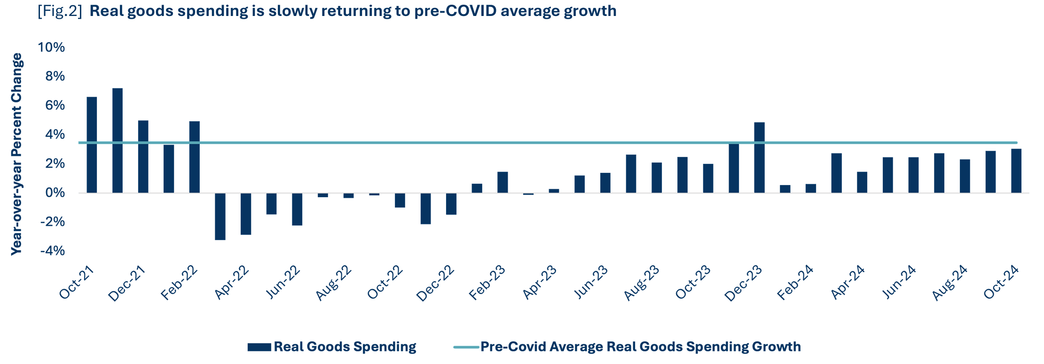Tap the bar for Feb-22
tap(194, 157)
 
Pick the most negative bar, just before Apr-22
tap(220, 217)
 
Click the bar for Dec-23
tap(759, 157)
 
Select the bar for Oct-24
tap(1016, 170)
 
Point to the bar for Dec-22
tap(451, 204)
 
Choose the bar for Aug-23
tap(657, 178)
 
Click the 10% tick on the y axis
tap(52, 47)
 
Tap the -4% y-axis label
tap(52, 251)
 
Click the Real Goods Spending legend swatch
tap(259, 347)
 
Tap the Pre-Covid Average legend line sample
tap(466, 347)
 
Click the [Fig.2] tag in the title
tap(60, 11)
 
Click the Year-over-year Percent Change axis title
tap(17, 154)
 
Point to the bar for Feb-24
tap(811, 188)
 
